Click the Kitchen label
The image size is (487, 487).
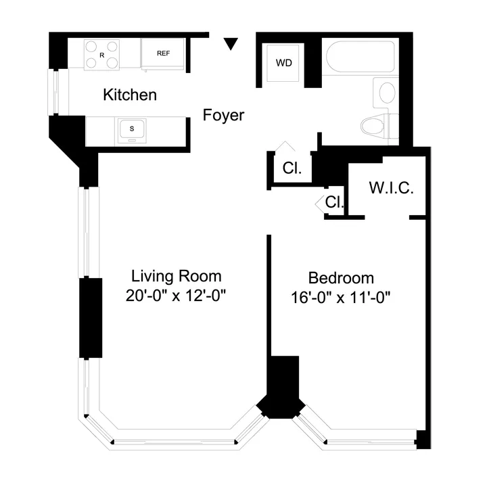tap(129, 95)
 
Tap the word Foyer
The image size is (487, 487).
tap(223, 116)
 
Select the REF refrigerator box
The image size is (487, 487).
tap(163, 53)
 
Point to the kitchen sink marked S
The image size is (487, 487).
tap(133, 129)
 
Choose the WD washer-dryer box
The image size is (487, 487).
tap(283, 63)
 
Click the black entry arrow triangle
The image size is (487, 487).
tap(231, 45)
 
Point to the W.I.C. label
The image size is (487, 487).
tap(391, 188)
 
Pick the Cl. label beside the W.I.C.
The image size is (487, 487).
tap(335, 202)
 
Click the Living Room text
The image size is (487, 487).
tap(176, 276)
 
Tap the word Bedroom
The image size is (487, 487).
tap(341, 277)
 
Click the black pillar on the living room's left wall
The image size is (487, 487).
tap(90, 317)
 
